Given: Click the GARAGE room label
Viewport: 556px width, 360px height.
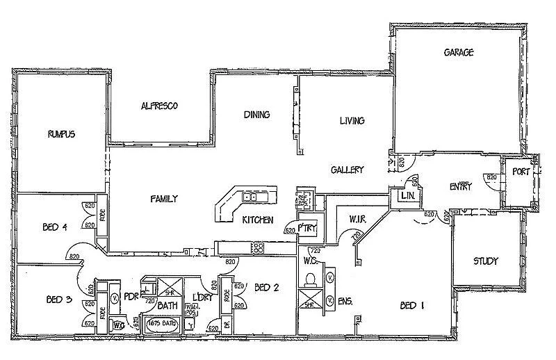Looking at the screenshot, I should (x=459, y=52).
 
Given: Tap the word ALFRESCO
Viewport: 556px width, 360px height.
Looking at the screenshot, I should (x=159, y=106).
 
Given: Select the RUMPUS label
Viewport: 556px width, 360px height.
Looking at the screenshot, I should (x=61, y=133).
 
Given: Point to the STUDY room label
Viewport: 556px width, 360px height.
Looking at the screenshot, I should (x=486, y=261).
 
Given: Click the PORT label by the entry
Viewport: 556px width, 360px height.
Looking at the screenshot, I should (x=521, y=172).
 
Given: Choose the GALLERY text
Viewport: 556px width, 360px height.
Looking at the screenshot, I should (x=347, y=170).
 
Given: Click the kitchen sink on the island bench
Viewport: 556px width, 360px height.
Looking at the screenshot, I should (x=250, y=197).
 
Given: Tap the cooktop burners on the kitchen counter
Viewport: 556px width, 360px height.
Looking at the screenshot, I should (x=258, y=246).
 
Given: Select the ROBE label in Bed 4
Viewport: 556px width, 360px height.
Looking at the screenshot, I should (x=101, y=214).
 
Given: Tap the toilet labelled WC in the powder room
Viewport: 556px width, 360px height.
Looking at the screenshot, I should (x=118, y=323).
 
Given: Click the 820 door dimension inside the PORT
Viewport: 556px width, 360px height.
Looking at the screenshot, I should (x=491, y=177).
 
